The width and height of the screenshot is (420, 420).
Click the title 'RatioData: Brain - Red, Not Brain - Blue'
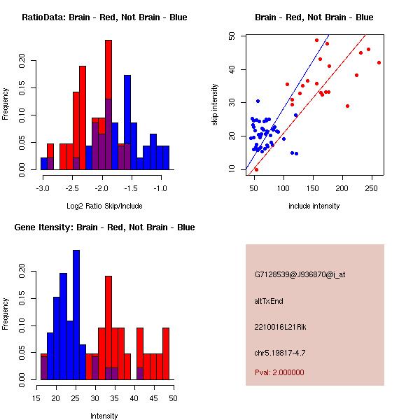(104, 17)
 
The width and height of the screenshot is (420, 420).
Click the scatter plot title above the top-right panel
(314, 17)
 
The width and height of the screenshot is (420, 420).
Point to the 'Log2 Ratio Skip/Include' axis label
(104, 206)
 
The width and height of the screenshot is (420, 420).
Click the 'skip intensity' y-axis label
(215, 105)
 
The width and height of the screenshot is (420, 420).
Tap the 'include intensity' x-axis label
(314, 206)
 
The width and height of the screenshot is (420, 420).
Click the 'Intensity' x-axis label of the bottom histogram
(104, 416)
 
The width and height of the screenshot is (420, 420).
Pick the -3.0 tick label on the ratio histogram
(43, 188)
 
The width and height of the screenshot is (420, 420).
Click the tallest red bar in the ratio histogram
(108, 105)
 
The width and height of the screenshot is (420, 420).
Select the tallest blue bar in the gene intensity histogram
(76, 315)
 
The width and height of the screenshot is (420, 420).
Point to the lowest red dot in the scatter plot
(256, 169)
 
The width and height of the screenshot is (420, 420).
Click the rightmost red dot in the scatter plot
(379, 62)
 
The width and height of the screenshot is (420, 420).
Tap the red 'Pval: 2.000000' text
(279, 372)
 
